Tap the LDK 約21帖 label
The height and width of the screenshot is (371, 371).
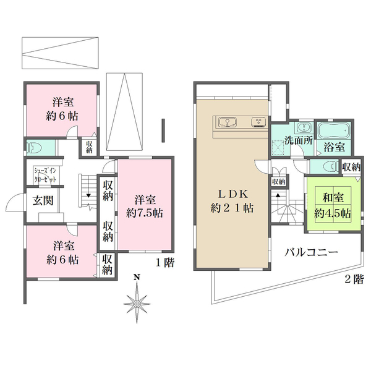[232, 200]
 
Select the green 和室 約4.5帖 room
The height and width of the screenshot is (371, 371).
[333, 205]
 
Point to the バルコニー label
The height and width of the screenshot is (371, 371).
[310, 252]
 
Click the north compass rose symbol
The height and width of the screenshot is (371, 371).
[137, 302]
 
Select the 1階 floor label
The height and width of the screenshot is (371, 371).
[164, 262]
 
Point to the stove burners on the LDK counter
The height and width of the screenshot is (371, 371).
[257, 121]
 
